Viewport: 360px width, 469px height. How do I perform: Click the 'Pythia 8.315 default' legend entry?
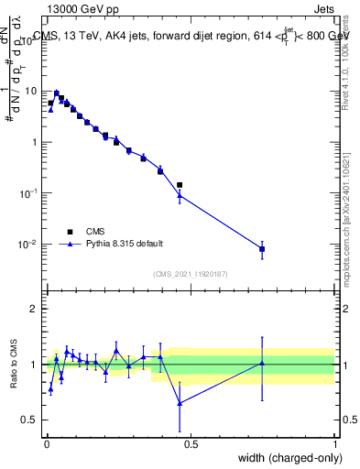[x=110, y=244]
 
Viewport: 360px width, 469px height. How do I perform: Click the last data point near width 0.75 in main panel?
[x=262, y=249]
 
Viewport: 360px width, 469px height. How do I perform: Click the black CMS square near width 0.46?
[x=180, y=185]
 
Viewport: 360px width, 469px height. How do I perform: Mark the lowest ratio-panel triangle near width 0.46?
[x=180, y=403]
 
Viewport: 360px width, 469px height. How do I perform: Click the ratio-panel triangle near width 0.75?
[x=262, y=364]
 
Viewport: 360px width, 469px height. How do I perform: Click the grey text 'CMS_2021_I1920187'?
[x=191, y=274]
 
